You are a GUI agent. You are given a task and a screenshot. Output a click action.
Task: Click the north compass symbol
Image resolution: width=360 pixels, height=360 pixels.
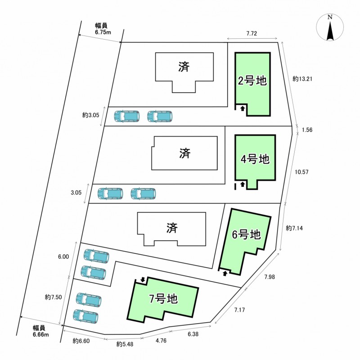pos(330,28)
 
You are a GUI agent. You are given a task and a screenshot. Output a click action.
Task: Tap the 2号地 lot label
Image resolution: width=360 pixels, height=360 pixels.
pos(252,81)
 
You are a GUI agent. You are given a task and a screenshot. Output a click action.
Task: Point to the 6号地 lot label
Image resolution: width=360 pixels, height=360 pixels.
pos(246,234)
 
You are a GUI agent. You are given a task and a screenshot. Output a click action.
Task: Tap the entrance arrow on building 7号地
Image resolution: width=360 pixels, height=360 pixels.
pos(143,279)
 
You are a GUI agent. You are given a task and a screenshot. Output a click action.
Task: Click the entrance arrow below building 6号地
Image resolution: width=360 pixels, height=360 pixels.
pos(225,273)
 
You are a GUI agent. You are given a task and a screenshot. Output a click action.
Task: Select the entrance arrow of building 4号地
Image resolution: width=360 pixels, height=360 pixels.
pos(243,184)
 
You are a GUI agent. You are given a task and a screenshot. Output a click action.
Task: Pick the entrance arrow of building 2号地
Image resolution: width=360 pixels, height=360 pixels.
pos(242,108)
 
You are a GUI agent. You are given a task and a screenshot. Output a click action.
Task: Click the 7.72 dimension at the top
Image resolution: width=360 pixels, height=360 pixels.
pos(254,34)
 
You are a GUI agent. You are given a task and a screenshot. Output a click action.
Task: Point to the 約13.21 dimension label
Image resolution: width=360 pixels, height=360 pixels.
pos(302,78)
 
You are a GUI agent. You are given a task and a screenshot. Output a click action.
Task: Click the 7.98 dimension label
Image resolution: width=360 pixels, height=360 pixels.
pos(269,277)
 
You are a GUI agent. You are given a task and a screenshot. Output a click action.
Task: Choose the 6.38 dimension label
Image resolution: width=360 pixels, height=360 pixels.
pos(193,334)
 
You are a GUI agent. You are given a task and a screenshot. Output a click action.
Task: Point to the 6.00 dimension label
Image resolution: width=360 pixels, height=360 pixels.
pos(63,256)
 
